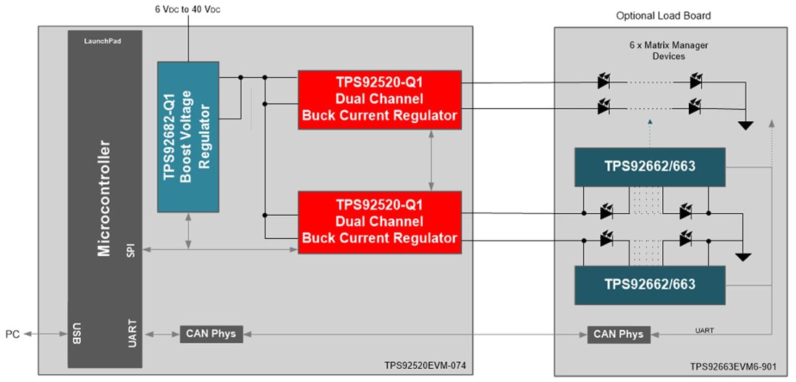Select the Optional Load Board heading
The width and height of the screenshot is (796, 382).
tap(663, 15)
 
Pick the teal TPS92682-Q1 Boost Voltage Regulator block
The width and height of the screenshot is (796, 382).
tap(187, 136)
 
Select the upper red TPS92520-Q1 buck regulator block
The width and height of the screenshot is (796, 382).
tap(379, 100)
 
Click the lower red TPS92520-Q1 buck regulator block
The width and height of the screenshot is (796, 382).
tap(379, 222)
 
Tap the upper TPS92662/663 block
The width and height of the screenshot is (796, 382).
tap(649, 167)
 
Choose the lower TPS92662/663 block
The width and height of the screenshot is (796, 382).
tap(649, 284)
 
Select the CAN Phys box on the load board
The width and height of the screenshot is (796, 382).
tap(617, 334)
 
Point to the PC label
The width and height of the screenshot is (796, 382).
tap(13, 334)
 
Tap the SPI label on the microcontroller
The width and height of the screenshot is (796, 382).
tap(130, 251)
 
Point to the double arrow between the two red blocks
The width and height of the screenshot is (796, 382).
tap(431, 160)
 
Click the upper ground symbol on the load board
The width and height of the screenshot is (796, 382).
tap(745, 125)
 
